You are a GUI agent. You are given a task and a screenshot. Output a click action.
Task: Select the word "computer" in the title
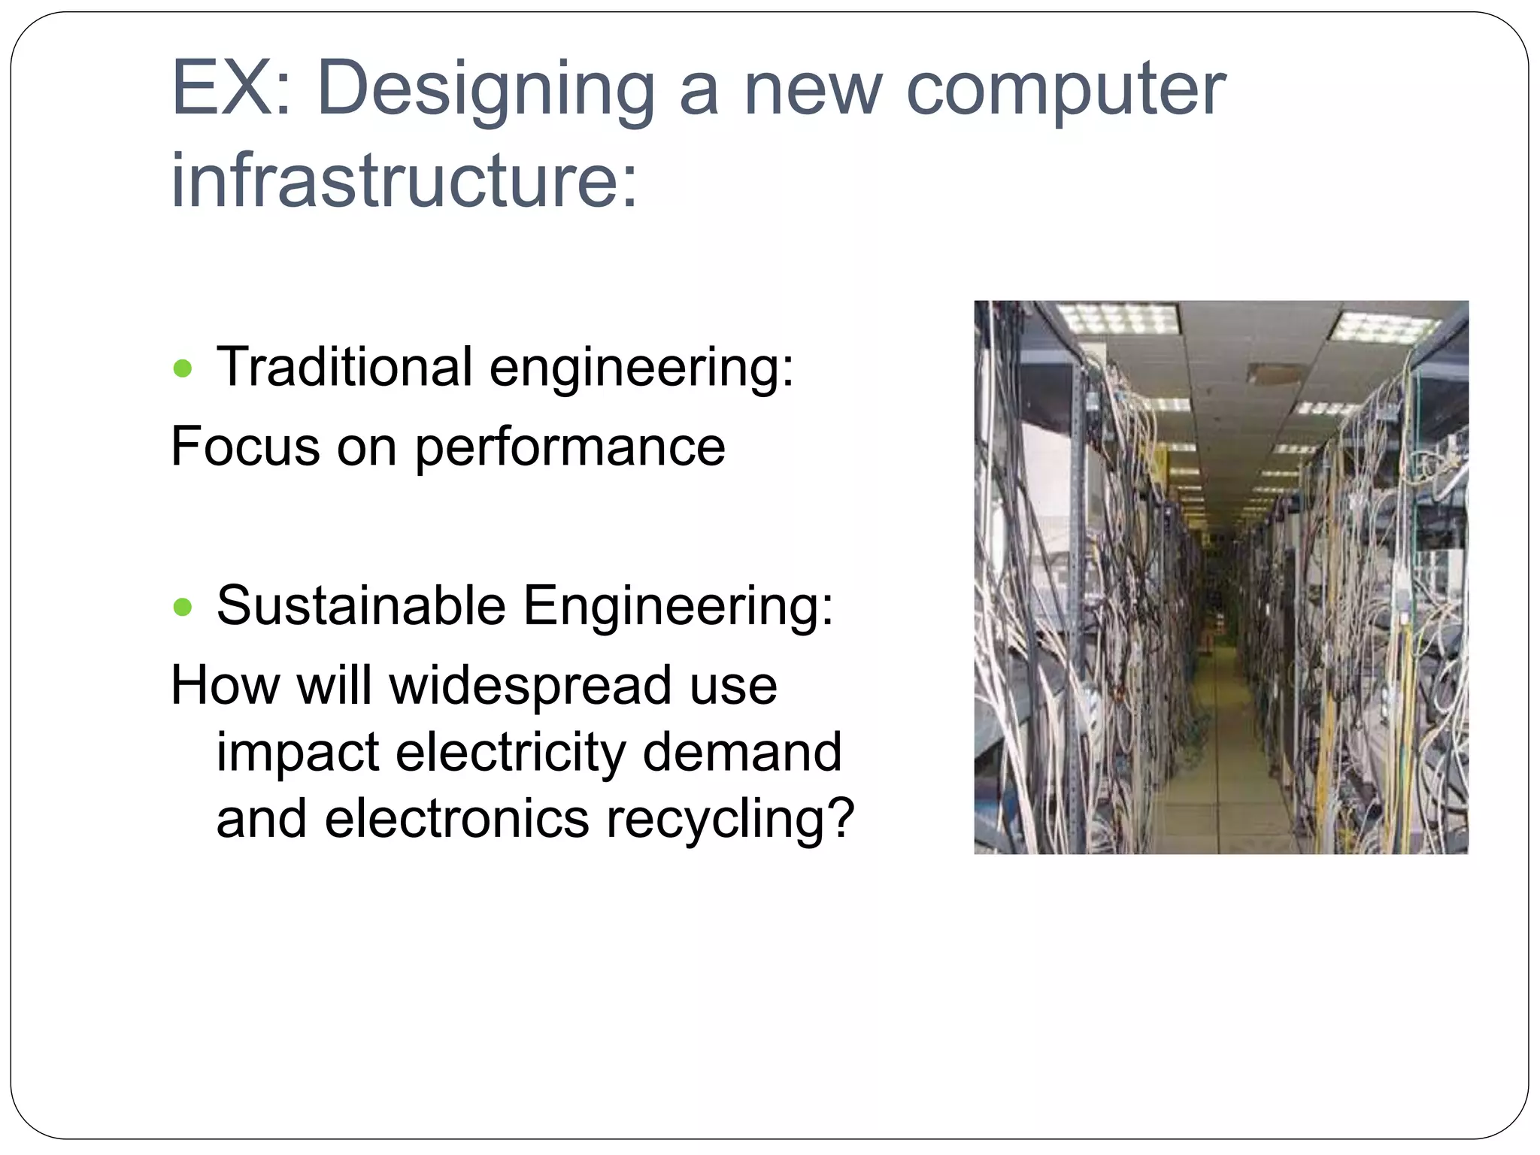[x=1066, y=90]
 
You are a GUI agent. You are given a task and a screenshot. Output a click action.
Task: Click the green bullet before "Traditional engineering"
[x=183, y=369]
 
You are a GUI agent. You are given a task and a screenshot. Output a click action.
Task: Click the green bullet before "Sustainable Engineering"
[x=183, y=607]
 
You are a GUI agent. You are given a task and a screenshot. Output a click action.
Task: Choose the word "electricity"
[x=511, y=752]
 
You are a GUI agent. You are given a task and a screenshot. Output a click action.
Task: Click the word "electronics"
[x=456, y=818]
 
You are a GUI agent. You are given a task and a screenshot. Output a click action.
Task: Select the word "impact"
[x=298, y=752]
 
